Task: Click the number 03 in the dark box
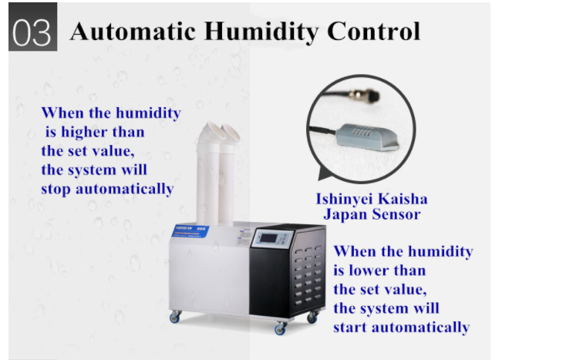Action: coord(32,33)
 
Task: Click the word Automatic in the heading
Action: coord(133,32)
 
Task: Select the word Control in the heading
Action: coord(373,32)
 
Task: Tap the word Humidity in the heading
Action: coord(261,32)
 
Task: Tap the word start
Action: coord(349,328)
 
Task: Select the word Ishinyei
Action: coord(344,200)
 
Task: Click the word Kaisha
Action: coord(403,199)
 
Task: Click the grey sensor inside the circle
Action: coord(367,136)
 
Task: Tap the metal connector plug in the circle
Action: coord(364,95)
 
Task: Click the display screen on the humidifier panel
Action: coord(268,238)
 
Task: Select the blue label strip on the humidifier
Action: coord(190,230)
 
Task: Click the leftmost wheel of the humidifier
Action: coord(175,317)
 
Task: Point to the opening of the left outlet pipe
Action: coord(216,130)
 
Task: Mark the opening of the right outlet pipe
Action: coord(231,133)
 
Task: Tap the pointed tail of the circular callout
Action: coord(322,174)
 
